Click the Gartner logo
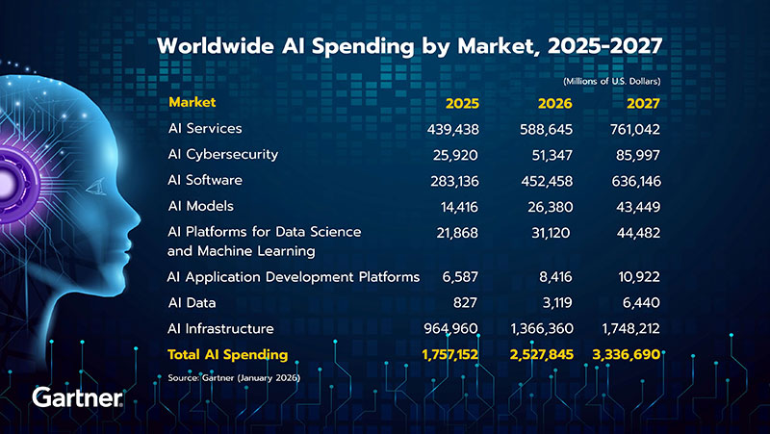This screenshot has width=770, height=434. tap(77, 397)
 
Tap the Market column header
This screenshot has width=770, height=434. tap(191, 101)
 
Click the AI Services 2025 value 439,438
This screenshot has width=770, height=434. tap(452, 128)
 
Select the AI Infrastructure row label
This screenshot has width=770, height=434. tap(221, 328)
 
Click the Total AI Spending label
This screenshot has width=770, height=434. tap(228, 355)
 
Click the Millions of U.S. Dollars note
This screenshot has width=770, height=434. tap(611, 82)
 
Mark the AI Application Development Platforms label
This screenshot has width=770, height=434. tap(294, 276)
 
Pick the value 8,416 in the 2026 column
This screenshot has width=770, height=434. tap(554, 276)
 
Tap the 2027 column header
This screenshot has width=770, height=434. tap(640, 103)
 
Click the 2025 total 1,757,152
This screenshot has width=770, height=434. tap(449, 355)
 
